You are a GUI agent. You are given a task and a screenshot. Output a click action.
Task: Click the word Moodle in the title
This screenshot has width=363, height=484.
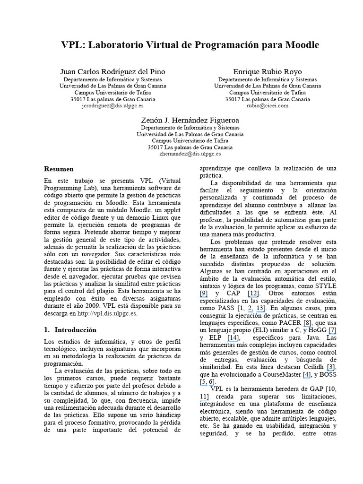301,45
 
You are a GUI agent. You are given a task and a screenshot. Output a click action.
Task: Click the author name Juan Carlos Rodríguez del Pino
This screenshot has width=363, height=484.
112,71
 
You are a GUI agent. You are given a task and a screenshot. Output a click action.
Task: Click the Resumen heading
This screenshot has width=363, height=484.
59,169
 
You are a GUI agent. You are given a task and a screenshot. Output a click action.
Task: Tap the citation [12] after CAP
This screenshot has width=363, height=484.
253,294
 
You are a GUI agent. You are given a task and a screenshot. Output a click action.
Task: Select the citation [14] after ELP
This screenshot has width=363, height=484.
233,339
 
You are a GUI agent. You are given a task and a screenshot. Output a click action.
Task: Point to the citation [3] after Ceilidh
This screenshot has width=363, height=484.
331,367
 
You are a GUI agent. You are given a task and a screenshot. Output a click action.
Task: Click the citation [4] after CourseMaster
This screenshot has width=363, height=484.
307,375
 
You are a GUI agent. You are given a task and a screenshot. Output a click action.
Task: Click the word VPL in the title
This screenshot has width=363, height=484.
72,45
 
